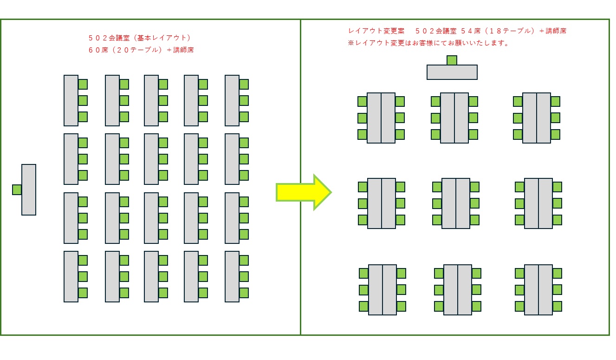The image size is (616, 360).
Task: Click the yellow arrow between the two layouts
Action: click(x=304, y=192)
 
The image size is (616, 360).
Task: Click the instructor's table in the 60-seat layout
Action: click(x=29, y=190)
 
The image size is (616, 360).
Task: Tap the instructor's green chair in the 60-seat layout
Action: click(x=17, y=190)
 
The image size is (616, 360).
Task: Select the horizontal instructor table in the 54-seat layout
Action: click(x=452, y=72)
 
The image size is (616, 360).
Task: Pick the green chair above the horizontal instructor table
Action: click(x=452, y=60)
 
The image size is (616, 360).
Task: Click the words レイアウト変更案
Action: click(x=376, y=31)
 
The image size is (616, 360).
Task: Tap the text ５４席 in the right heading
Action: click(x=471, y=31)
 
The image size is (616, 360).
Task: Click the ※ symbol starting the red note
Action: click(x=350, y=43)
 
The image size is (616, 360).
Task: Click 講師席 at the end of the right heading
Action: click(x=556, y=31)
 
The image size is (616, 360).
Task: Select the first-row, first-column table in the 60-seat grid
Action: click(x=71, y=100)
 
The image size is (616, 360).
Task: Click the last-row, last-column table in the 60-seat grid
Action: click(x=232, y=276)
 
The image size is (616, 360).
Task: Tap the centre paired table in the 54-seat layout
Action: click(x=456, y=203)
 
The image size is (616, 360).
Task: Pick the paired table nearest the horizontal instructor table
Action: click(x=454, y=118)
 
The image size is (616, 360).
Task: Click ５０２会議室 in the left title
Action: click(x=109, y=38)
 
